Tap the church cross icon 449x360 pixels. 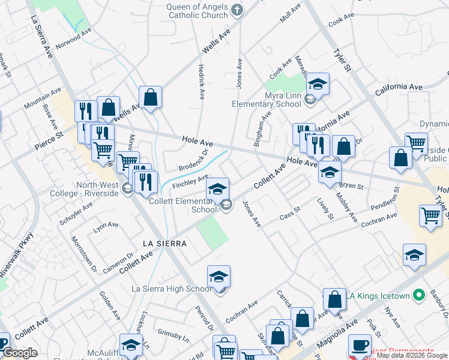click(x=237, y=9)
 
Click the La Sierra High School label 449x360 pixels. click(x=172, y=289)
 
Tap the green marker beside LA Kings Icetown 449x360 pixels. click(x=420, y=295)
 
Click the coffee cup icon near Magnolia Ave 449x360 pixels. click(x=360, y=346)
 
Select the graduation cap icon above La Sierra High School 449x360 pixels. click(x=218, y=276)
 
